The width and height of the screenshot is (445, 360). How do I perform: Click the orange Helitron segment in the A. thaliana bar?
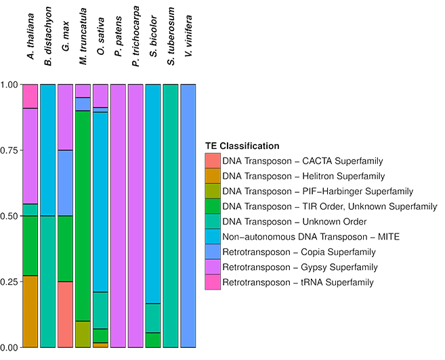[x=30, y=311]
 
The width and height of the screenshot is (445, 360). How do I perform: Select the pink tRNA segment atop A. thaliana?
[x=30, y=96]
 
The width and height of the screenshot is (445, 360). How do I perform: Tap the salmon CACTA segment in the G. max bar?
[x=65, y=315]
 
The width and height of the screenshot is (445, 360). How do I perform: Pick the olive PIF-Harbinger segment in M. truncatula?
[x=83, y=334]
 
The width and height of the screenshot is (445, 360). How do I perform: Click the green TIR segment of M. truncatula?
[x=83, y=216]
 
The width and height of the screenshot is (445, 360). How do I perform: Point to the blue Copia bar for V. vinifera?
[x=188, y=216]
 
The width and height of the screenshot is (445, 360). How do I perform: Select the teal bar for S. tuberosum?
[x=171, y=216]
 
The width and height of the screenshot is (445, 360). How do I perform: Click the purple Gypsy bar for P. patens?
[x=118, y=216]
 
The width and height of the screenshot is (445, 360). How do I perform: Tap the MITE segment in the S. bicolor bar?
[x=153, y=194]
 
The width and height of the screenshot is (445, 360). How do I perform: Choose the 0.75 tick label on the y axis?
[x=9, y=150]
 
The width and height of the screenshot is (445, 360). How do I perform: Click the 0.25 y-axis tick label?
[x=9, y=282]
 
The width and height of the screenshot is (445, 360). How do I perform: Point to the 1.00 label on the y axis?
[x=9, y=85]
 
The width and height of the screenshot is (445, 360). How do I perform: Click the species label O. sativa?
[x=101, y=36]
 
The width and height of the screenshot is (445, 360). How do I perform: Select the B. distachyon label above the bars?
[x=48, y=36]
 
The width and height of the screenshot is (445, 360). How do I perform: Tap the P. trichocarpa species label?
[x=136, y=36]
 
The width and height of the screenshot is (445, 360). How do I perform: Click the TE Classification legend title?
[x=242, y=146]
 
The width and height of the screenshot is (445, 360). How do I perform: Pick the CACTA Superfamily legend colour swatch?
[x=213, y=161]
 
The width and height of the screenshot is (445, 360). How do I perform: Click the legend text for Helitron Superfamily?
[x=303, y=177]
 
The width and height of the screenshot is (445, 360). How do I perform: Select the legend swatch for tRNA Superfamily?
[x=213, y=282]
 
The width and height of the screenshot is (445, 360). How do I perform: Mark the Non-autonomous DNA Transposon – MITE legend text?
[x=311, y=237]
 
